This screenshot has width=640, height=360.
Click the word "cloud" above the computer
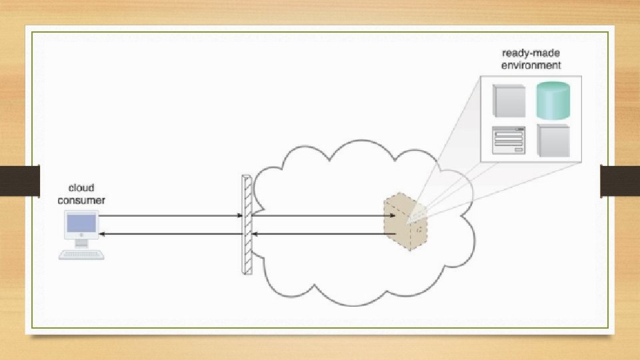(81, 189)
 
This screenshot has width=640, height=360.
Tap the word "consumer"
(81, 200)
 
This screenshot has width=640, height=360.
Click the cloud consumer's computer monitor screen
(81, 225)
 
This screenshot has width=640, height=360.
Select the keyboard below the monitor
(82, 254)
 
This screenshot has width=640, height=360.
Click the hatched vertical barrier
(247, 225)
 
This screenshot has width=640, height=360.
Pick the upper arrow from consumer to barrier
(170, 216)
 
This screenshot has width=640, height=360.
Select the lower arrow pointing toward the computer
(170, 234)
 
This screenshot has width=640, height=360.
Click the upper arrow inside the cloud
(320, 216)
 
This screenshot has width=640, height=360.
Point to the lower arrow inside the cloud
(320, 234)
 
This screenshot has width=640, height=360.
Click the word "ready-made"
(531, 54)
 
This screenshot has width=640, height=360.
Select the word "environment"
(531, 65)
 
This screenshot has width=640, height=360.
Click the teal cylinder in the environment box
(553, 99)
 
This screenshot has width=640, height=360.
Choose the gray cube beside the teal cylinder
(509, 99)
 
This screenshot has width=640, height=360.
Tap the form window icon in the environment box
(509, 140)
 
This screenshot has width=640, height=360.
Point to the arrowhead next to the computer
(102, 234)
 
